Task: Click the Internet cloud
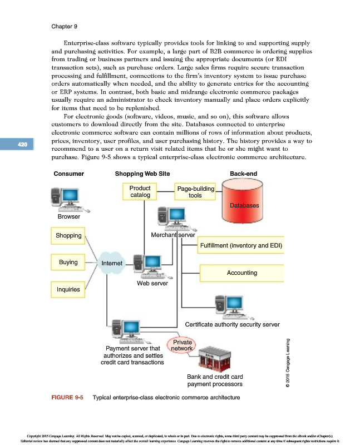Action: [112, 263]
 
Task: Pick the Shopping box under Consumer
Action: [68, 235]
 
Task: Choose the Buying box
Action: [68, 262]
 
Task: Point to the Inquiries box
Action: [68, 289]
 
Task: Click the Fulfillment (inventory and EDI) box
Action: [241, 245]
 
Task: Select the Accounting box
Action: [241, 273]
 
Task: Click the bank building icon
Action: [208, 360]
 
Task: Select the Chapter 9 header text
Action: [64, 26]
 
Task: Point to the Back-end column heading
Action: [243, 174]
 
